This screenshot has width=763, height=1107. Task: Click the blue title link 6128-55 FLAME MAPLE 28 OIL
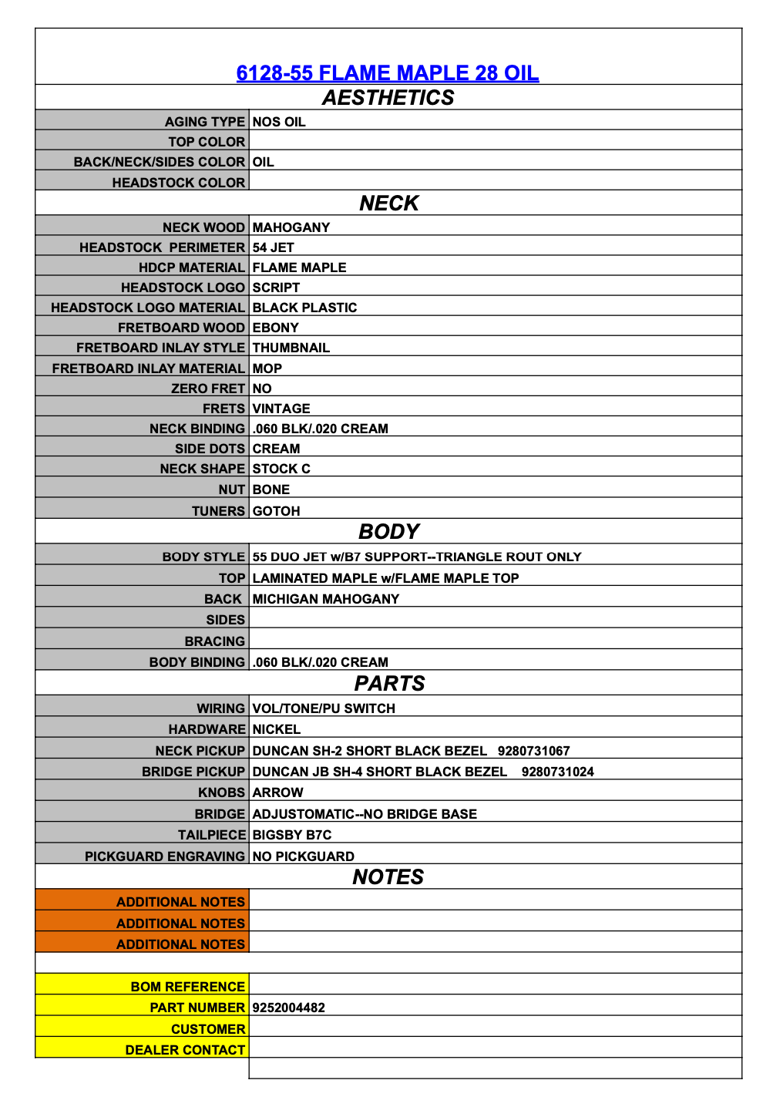click(387, 73)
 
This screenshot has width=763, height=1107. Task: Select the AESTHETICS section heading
click(388, 98)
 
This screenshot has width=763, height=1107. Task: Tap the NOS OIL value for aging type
click(279, 122)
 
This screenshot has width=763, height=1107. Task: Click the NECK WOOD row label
click(203, 227)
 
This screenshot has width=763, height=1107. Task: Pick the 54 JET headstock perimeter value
click(273, 247)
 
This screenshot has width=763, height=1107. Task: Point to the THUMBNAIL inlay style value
click(291, 348)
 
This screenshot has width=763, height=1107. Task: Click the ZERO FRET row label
click(207, 389)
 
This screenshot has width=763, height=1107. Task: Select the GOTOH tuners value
click(276, 511)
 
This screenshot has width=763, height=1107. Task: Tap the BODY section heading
click(388, 532)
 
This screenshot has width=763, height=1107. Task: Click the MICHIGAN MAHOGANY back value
click(325, 599)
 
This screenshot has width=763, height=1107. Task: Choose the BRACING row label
click(214, 641)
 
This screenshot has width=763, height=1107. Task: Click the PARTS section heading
click(389, 684)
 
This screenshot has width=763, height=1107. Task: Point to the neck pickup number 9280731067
click(533, 751)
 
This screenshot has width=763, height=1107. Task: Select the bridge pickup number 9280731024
click(557, 772)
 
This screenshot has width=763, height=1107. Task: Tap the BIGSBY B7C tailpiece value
click(291, 835)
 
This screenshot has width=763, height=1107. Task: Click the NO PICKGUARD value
click(303, 856)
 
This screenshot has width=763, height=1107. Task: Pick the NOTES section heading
click(388, 877)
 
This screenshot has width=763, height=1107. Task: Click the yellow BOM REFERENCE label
click(187, 987)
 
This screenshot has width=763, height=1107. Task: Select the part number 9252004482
click(288, 1008)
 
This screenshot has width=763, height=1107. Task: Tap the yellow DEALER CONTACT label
click(185, 1050)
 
